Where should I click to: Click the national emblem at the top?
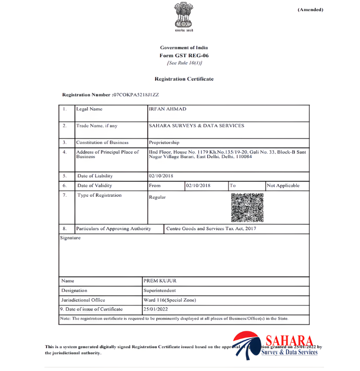pyautogui.click(x=184, y=16)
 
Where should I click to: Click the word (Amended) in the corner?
pyautogui.click(x=310, y=10)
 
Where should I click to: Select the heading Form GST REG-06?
pyautogui.click(x=184, y=55)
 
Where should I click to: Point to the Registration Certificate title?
pyautogui.click(x=184, y=79)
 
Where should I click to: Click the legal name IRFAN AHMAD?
pyautogui.click(x=168, y=109)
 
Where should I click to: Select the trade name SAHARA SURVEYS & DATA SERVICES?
pyautogui.click(x=197, y=125)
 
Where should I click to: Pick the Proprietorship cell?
pyautogui.click(x=164, y=143)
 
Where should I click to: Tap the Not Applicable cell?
pyautogui.click(x=283, y=186)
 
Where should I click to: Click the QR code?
pyautogui.click(x=247, y=208)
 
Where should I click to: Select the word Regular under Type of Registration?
pyautogui.click(x=158, y=197)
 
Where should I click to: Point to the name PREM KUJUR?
pyautogui.click(x=160, y=281)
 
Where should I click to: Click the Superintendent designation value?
pyautogui.click(x=160, y=291)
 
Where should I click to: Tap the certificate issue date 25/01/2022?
pyautogui.click(x=156, y=309)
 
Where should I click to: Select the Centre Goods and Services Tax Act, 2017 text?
pyautogui.click(x=211, y=228)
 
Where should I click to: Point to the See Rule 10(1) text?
pyautogui.click(x=184, y=63)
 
